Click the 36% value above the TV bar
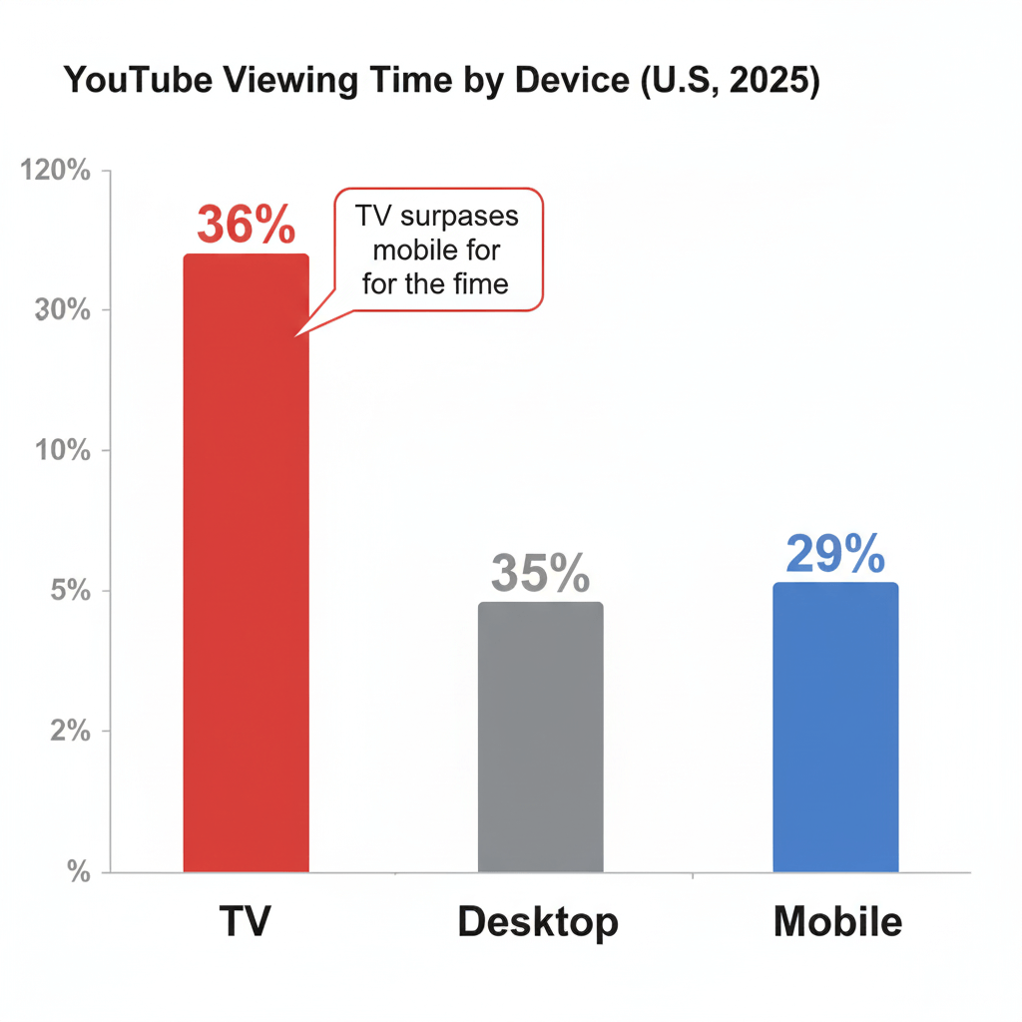coord(246,225)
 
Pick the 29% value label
coord(835,555)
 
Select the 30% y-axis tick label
coord(63,310)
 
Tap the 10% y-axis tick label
coord(63,450)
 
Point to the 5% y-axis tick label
coord(70,591)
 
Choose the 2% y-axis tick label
coord(70,732)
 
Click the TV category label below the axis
coord(245,921)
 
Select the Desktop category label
coord(538,923)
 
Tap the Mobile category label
coord(837,921)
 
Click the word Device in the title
coord(566,82)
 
